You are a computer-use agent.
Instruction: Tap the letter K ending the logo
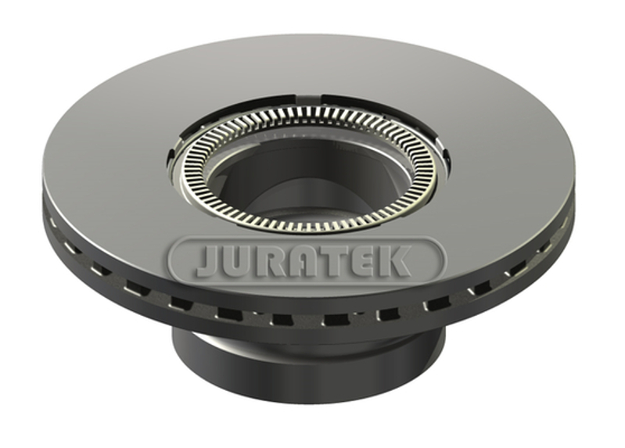[x=393, y=261]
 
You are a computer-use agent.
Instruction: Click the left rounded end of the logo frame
[x=174, y=260]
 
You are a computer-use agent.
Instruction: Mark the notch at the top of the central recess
[x=309, y=96]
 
